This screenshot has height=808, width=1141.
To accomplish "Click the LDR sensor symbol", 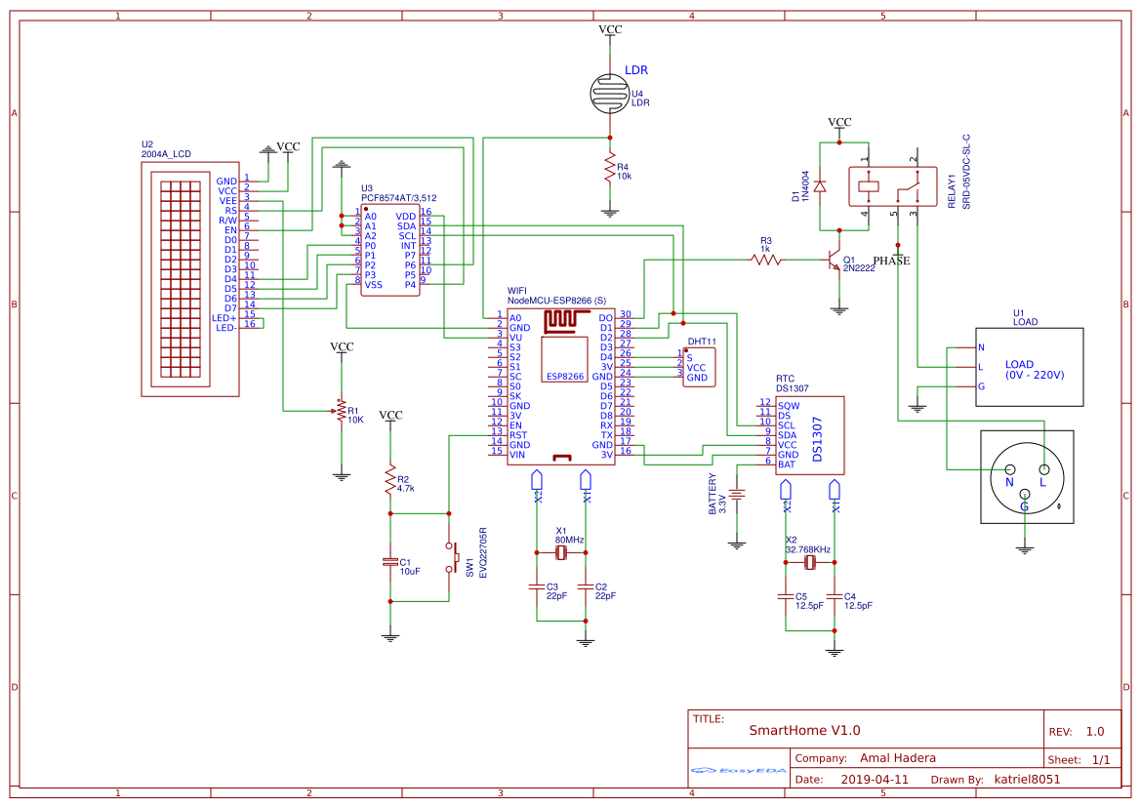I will [610, 93].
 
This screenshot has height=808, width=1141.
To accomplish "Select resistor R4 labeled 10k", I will [610, 170].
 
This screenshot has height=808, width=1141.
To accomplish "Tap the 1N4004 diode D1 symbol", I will [820, 185].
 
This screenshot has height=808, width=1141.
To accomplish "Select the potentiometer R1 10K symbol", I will [342, 411].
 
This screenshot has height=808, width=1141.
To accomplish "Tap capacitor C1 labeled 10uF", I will [390, 562].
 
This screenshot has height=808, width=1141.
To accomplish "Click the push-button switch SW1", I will [451, 557].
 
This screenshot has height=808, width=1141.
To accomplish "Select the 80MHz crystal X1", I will [561, 552].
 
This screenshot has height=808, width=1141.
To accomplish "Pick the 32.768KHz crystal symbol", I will [810, 564].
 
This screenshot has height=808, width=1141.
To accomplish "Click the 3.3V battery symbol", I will [738, 495].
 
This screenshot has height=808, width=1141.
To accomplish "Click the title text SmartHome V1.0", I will [804, 730].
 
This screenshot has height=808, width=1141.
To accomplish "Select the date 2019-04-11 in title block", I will [874, 780].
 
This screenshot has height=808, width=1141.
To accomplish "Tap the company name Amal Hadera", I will [897, 758].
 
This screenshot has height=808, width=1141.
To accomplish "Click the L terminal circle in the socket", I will [1042, 473].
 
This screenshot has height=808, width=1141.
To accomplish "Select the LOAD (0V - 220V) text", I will [1035, 370].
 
